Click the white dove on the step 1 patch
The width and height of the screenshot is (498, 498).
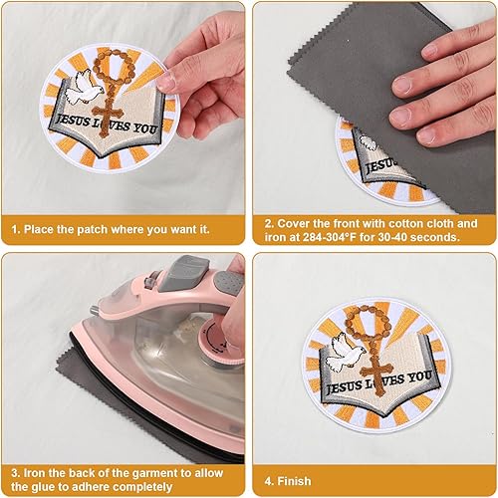[83, 87]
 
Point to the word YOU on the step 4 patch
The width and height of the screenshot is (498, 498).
[419, 377]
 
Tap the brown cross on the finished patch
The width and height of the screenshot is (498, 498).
[377, 376]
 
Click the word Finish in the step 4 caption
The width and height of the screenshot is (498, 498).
[294, 481]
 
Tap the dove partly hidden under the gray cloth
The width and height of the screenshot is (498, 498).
[369, 142]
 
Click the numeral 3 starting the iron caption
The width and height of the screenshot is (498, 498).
[14, 473]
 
